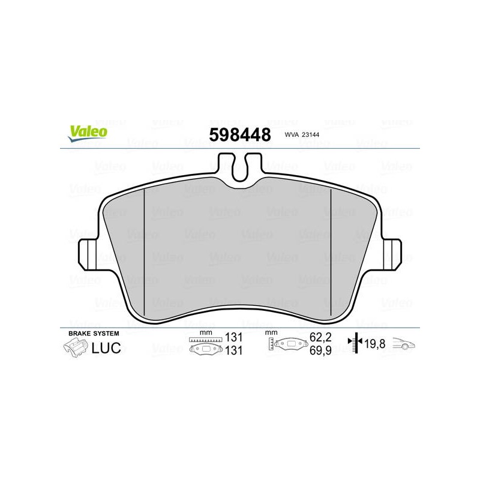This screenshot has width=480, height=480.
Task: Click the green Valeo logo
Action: coord(88,134)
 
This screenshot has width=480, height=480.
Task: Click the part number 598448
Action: coord(240,135)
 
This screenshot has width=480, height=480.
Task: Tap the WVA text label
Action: coord(292,134)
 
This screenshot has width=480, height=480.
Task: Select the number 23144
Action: coord(310,134)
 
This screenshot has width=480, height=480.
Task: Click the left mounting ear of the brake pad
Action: coord(87,254)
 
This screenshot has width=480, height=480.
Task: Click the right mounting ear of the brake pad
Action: coord(392,254)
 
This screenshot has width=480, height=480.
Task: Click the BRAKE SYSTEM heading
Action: coord(94,334)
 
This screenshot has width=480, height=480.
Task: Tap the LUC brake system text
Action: coord(106,348)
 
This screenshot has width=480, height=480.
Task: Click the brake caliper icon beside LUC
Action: coord(76,349)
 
